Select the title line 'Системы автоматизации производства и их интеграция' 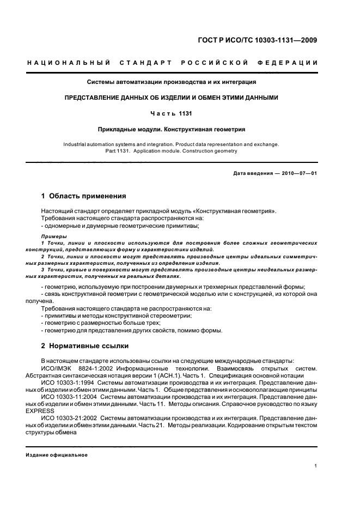click(x=172, y=82)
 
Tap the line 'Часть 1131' click(x=172, y=113)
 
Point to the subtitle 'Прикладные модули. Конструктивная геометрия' click(x=172, y=130)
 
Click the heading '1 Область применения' click(x=84, y=196)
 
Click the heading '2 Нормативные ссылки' click(x=85, y=346)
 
